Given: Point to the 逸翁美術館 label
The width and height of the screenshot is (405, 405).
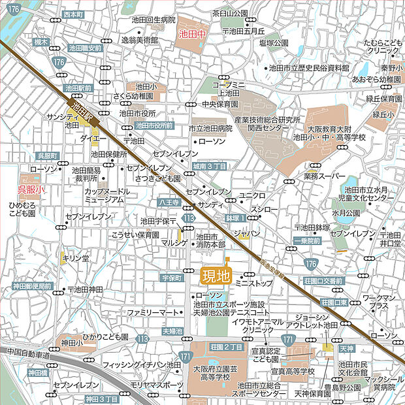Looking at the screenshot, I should pos(140,40).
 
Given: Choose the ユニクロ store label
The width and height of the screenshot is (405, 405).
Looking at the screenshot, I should pos(252,195).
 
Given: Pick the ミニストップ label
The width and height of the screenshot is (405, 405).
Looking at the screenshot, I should pos(253,283).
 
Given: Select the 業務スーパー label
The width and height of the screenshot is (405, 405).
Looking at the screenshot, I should pos(325,176).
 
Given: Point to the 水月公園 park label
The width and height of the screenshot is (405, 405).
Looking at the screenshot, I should pos(346,213).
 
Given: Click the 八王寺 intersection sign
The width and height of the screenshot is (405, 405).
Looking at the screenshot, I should pos(167,203).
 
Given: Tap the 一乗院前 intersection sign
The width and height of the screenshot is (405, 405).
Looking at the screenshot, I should pos(306,240).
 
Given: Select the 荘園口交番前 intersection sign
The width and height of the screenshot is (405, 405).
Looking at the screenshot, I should pos(323,280).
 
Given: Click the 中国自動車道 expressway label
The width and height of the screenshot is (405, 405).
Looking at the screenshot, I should pos(29,353).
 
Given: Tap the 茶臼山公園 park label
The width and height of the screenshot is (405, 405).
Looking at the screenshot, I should pos(231,13).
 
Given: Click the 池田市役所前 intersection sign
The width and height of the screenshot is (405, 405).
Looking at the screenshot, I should pos(154,125).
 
